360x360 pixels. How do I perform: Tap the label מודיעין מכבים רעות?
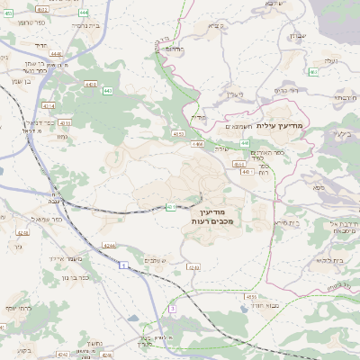[x=212, y=215]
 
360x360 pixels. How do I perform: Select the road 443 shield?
[x=107, y=91]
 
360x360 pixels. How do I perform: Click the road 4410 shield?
[x=91, y=85]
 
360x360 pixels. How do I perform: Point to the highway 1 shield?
[x=121, y=264]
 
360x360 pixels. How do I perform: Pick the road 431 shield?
[x=171, y=206]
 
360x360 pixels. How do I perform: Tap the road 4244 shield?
[x=109, y=245]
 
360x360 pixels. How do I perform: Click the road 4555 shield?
[x=252, y=296]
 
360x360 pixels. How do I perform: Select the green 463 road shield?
[x=313, y=72]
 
